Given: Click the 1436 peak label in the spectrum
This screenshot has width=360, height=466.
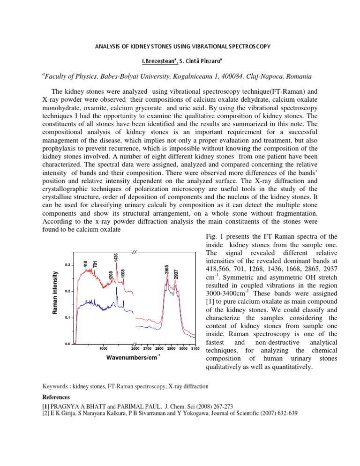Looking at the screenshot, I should pyautogui.click(x=116, y=257).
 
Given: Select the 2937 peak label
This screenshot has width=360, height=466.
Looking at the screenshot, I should pyautogui.click(x=176, y=274).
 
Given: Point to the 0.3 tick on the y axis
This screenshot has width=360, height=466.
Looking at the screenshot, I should pyautogui.click(x=67, y=264).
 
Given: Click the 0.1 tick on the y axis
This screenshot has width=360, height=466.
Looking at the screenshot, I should pyautogui.click(x=67, y=318).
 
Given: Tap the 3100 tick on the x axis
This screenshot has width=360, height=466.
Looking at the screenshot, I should pyautogui.click(x=195, y=349).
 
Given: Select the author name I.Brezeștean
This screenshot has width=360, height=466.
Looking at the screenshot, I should pyautogui.click(x=141, y=60).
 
